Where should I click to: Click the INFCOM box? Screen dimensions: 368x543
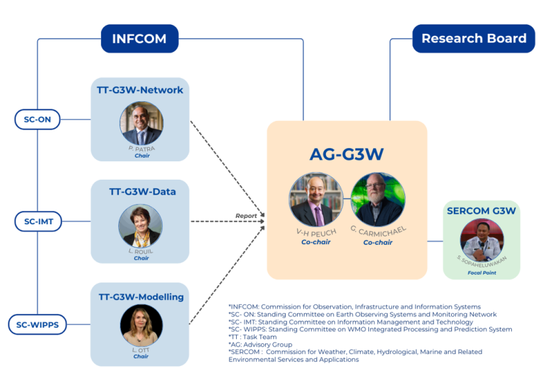(x=139, y=38)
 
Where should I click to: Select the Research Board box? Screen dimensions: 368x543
(x=474, y=38)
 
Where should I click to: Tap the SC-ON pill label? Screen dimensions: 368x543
(x=37, y=120)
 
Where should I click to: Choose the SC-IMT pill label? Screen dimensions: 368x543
(x=37, y=222)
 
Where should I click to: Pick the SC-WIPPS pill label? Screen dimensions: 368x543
(x=37, y=325)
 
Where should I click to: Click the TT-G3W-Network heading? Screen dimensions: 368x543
(x=140, y=90)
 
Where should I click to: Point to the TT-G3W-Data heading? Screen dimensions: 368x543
(x=140, y=191)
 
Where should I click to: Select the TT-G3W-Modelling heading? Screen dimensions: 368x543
(x=140, y=297)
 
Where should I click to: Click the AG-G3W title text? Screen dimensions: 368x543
(x=346, y=154)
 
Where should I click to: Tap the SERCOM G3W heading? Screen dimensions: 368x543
(x=481, y=211)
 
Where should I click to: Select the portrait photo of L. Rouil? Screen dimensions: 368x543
(x=140, y=226)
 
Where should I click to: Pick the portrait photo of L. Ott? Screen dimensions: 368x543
(x=141, y=326)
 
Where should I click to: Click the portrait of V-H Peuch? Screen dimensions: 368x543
(x=316, y=200)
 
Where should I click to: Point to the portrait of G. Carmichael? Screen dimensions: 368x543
(x=378, y=200)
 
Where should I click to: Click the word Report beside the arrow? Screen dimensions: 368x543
(x=245, y=215)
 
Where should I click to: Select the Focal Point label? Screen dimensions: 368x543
(x=481, y=272)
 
